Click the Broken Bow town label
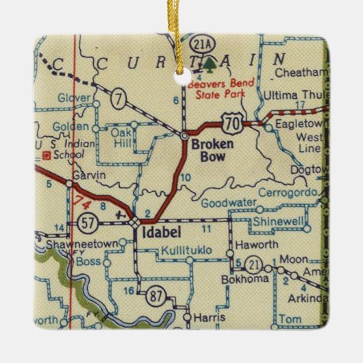pyautogui.click(x=213, y=151)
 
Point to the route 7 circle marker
pyautogui.click(x=119, y=101)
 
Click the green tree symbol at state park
pyautogui.click(x=208, y=65)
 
